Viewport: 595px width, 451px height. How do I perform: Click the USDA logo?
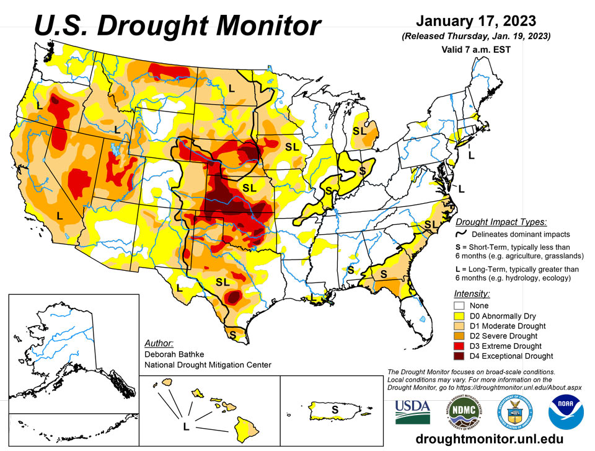click(x=413, y=412)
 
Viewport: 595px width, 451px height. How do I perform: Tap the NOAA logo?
click(x=566, y=412)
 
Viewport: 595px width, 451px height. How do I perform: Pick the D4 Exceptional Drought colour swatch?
click(x=459, y=356)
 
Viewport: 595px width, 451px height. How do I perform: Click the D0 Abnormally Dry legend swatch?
click(x=459, y=316)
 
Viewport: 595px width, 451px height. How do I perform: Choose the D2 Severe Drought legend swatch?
click(x=459, y=336)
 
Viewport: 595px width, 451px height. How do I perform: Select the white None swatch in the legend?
click(x=459, y=305)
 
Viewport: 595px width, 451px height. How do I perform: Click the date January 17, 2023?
click(x=476, y=21)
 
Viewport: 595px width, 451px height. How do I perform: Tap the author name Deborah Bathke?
click(x=174, y=354)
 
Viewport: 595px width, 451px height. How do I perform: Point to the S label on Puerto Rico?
click(x=335, y=409)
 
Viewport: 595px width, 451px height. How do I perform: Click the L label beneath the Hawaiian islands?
click(x=186, y=427)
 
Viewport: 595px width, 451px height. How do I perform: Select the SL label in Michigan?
click(x=359, y=131)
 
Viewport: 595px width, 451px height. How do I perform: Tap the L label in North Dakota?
click(x=231, y=89)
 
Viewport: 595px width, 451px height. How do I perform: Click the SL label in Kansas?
click(x=249, y=188)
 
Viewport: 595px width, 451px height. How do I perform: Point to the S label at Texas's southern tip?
click(x=232, y=335)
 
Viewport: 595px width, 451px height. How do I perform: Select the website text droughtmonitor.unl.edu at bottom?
click(x=490, y=439)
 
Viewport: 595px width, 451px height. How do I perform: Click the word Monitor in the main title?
click(x=270, y=25)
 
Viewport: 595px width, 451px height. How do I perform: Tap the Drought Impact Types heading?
click(x=501, y=222)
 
